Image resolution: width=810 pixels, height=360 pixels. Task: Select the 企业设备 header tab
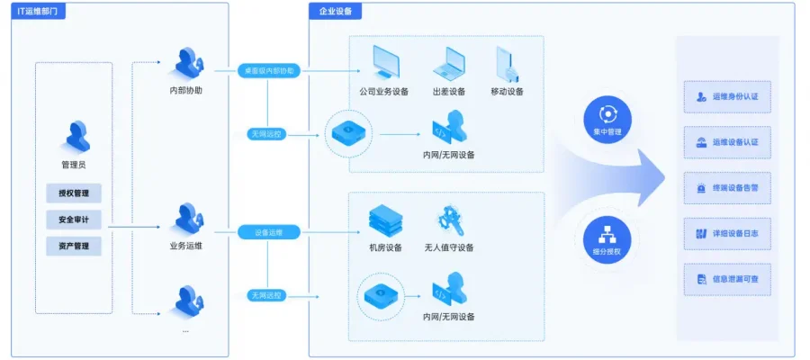(x=336, y=11)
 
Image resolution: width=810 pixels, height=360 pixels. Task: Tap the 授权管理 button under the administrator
(x=74, y=193)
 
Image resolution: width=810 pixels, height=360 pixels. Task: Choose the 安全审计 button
(x=74, y=220)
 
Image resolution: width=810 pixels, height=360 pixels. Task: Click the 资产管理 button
(x=74, y=246)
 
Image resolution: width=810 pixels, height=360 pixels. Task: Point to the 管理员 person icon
(x=74, y=136)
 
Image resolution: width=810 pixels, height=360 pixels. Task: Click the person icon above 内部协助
(x=186, y=63)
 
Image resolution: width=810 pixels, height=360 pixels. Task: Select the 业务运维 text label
(x=186, y=246)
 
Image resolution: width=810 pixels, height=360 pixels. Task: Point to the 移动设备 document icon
(x=507, y=63)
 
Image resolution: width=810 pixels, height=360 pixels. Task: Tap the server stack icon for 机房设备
(x=386, y=220)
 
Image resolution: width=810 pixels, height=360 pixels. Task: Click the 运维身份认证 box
(x=727, y=96)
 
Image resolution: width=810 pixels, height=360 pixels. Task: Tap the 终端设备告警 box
(x=727, y=188)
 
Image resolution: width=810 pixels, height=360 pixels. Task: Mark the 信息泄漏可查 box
(x=727, y=280)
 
